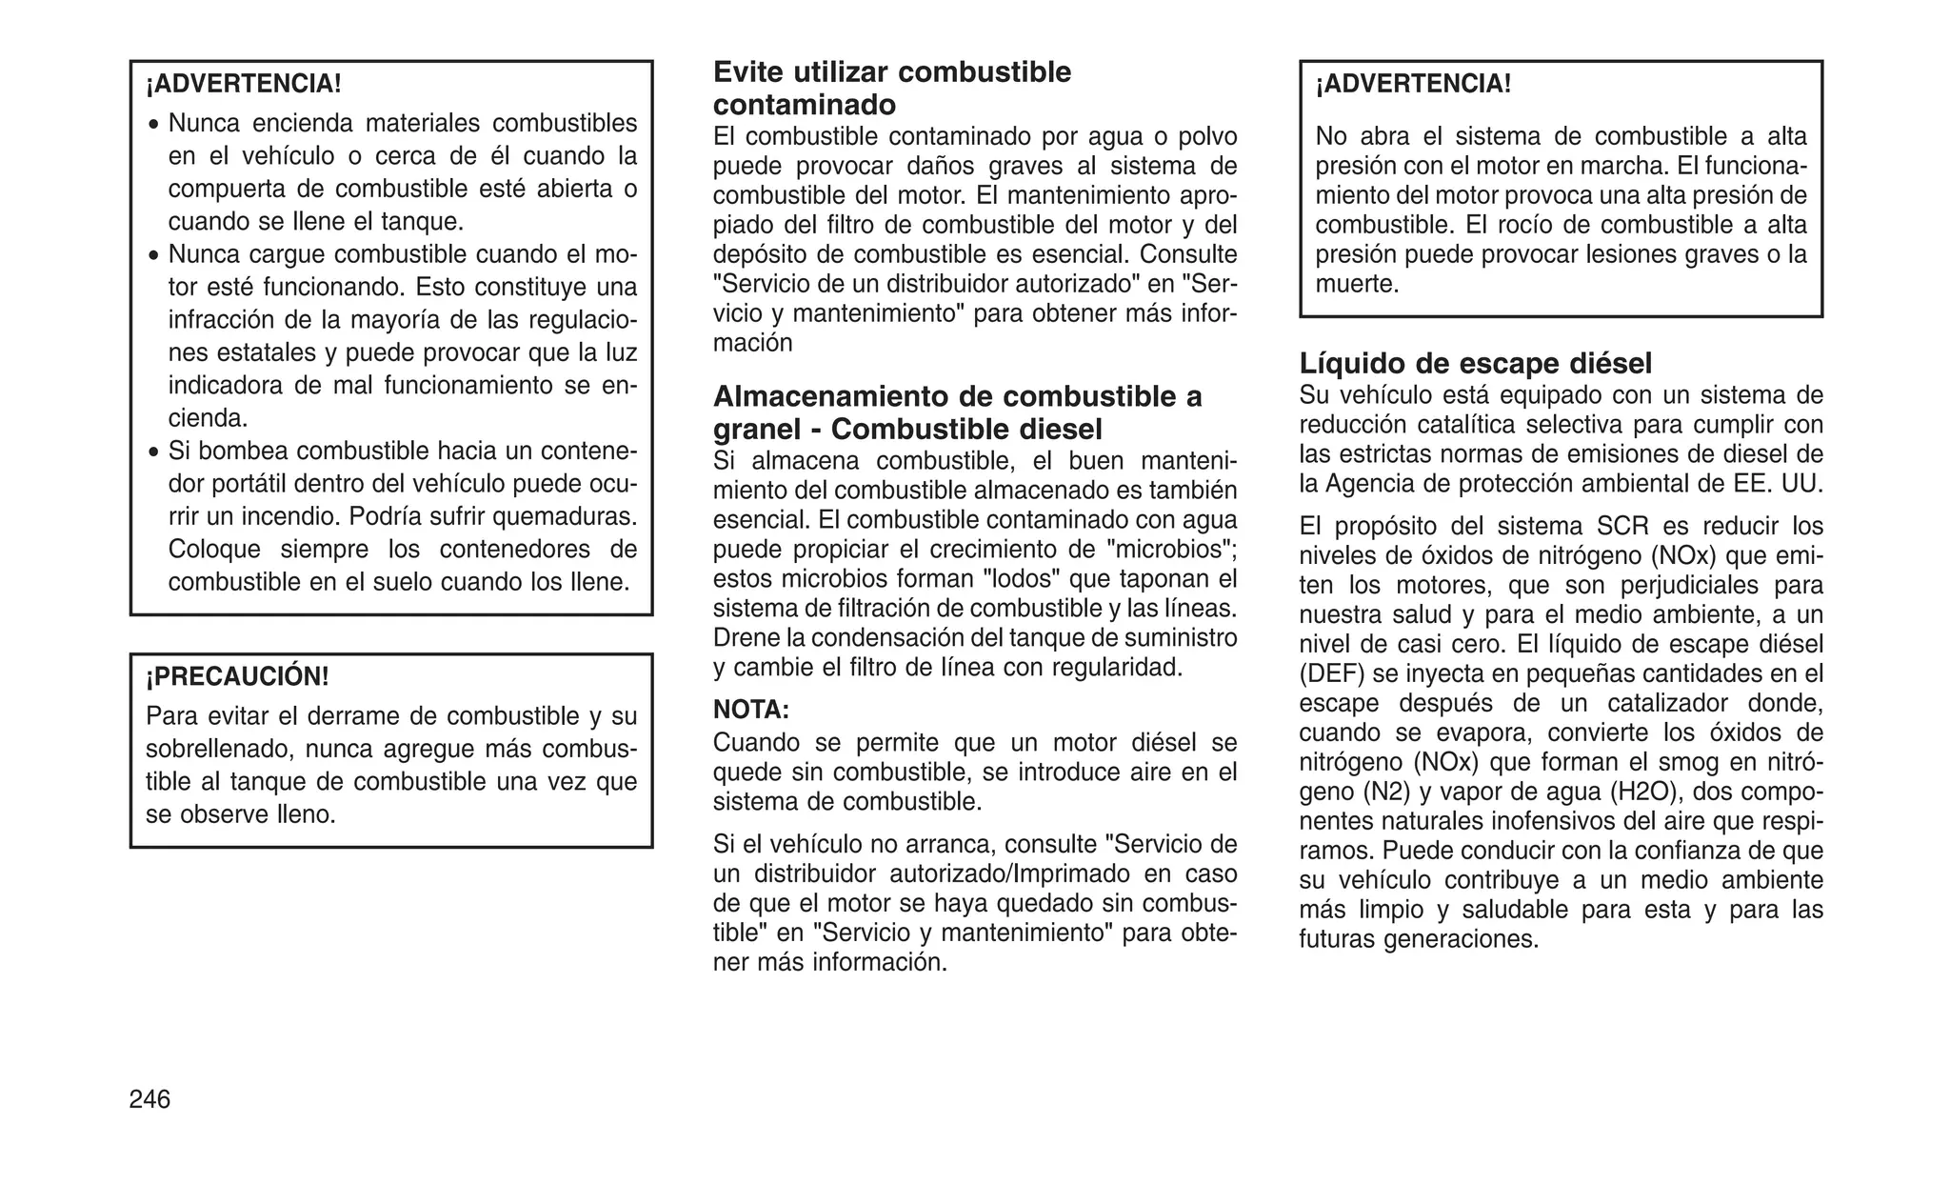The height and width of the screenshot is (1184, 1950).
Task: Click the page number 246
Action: (x=149, y=1099)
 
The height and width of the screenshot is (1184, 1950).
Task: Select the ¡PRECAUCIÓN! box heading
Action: (x=237, y=676)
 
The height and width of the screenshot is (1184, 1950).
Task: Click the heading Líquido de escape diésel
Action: (x=1475, y=363)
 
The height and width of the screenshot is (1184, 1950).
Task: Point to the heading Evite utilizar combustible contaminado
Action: (x=892, y=88)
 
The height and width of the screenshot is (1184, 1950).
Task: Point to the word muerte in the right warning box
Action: (x=1356, y=284)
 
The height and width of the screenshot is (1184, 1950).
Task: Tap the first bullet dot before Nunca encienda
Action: (x=154, y=125)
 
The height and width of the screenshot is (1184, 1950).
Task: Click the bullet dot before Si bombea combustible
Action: (x=154, y=452)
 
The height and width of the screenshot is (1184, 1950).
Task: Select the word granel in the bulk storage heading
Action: (x=756, y=429)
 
